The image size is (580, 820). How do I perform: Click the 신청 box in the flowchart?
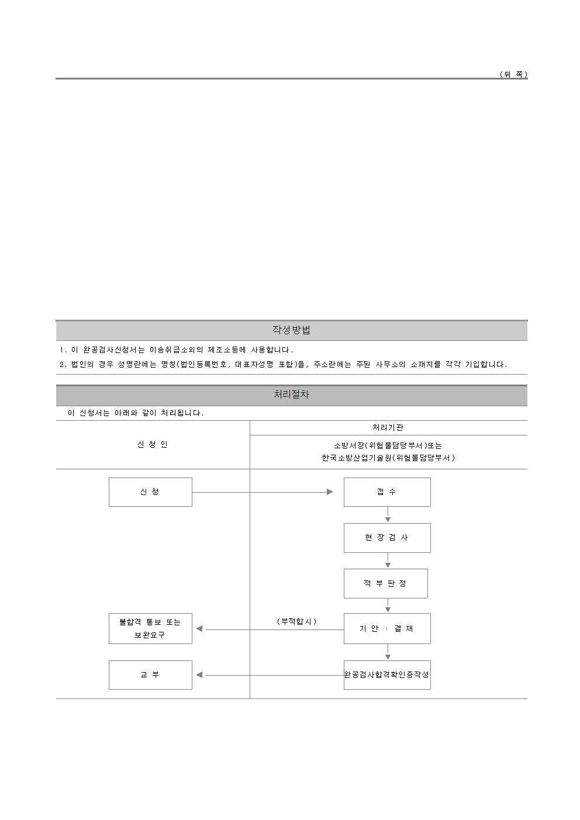pos(150,492)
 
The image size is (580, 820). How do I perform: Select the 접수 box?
pos(387,492)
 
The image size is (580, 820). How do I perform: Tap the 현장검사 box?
pos(387,538)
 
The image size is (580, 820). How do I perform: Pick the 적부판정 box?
pos(386,583)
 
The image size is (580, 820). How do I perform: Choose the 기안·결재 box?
pos(387,628)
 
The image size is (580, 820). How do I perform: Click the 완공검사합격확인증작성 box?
pos(387,674)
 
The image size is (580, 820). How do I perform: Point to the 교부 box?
pos(150,674)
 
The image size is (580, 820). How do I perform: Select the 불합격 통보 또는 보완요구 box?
pos(150,628)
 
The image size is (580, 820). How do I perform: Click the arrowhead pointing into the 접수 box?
pos(330,492)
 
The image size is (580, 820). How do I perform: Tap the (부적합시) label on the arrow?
pos(296,621)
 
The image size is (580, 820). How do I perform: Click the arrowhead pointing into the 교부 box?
pos(199,674)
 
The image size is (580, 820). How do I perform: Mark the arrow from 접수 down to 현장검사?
pos(388,515)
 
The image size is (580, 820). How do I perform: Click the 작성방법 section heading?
pos(291,330)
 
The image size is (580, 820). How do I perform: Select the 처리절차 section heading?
pos(291,395)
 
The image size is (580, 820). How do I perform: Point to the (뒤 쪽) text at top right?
pos(513,74)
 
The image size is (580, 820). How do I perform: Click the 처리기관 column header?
pos(388,428)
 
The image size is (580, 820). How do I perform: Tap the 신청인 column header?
pos(153,445)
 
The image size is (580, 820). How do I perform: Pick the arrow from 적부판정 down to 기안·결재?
pos(388,606)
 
